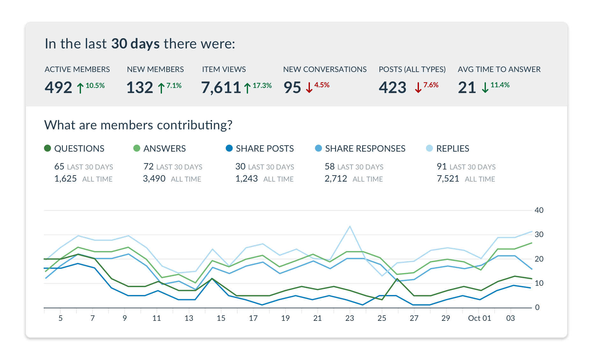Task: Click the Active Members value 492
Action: [58, 88]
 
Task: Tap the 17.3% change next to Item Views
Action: [262, 85]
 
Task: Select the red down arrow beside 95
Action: [309, 88]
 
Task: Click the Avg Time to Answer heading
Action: [499, 69]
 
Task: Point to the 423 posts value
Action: [392, 88]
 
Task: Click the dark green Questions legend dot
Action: [48, 148]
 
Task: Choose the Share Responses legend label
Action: [365, 148]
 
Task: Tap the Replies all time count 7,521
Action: [448, 179]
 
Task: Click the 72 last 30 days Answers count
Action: [149, 167]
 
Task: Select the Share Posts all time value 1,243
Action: [246, 179]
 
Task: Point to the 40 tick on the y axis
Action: [539, 210]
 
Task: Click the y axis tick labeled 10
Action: [539, 283]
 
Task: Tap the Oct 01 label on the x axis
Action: [479, 318]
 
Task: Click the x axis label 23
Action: [349, 318]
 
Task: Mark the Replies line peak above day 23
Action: [350, 227]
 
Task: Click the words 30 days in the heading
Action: [135, 44]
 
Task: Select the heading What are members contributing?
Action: [138, 125]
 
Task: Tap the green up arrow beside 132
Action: [161, 88]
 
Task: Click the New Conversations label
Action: [325, 69]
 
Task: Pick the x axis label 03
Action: [510, 318]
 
